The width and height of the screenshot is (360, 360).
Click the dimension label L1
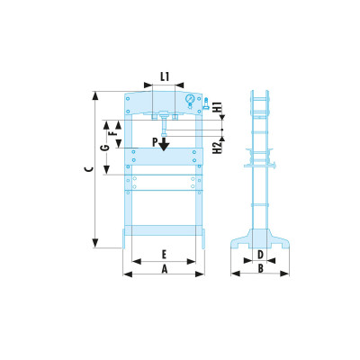pyautogui.click(x=164, y=77)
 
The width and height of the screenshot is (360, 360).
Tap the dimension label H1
pyautogui.click(x=219, y=114)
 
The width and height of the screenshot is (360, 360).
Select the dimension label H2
pyautogui.click(x=219, y=147)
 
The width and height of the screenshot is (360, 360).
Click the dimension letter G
pyautogui.click(x=105, y=148)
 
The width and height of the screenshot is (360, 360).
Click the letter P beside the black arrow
pyautogui.click(x=155, y=141)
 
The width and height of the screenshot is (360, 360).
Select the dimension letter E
pyautogui.click(x=164, y=255)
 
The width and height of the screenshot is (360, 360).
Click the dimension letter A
pyautogui.click(x=164, y=268)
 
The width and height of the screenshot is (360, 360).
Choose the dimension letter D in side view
pyautogui.click(x=259, y=255)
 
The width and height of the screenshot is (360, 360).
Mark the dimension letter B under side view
pyautogui.click(x=259, y=268)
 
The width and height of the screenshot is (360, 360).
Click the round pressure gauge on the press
pyautogui.click(x=190, y=101)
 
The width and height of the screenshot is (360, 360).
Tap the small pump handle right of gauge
pyautogui.click(x=206, y=103)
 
